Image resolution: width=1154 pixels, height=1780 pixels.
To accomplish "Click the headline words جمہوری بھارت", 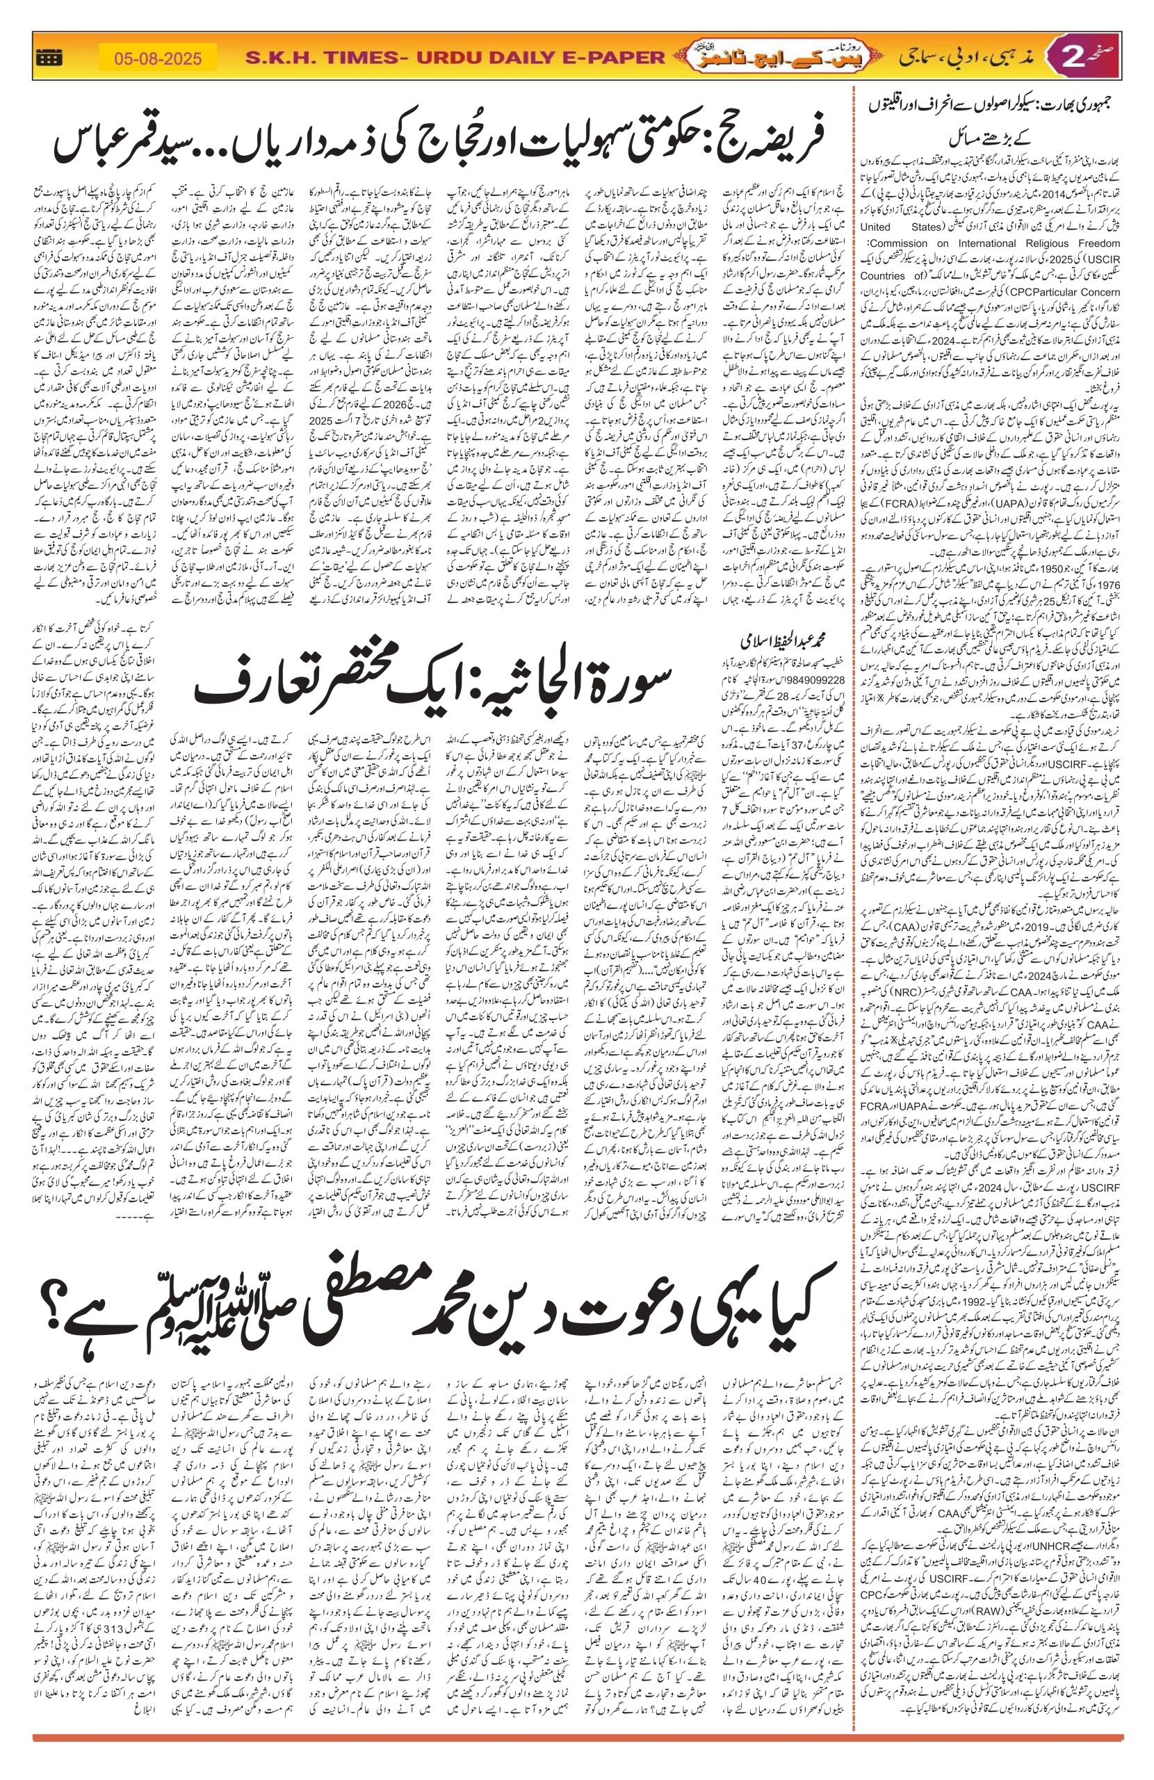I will (1081, 105).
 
